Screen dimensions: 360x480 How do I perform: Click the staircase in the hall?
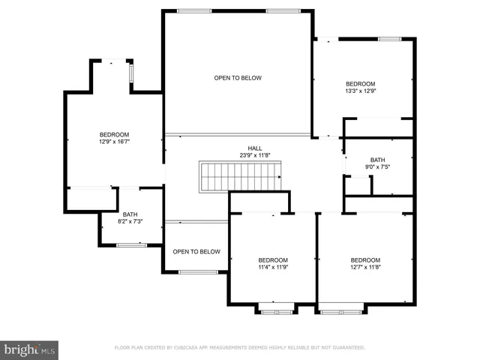click(239, 177)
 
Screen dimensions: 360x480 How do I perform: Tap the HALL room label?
click(255, 148)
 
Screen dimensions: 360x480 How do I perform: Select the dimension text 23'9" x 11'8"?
click(255, 155)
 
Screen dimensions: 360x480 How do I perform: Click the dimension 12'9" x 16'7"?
click(114, 141)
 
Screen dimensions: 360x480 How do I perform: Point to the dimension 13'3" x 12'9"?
click(360, 91)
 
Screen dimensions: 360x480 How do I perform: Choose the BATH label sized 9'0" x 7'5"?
click(377, 160)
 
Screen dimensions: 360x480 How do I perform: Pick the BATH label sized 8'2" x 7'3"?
click(130, 214)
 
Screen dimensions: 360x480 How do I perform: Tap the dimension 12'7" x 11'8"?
click(365, 267)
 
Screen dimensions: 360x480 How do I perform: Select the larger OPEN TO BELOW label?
click(237, 78)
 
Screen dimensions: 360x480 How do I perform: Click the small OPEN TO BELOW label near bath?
click(196, 251)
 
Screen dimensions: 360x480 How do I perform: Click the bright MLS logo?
click(30, 349)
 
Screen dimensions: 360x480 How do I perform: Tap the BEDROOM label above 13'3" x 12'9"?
click(360, 84)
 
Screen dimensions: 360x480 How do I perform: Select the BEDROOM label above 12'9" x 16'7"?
click(114, 134)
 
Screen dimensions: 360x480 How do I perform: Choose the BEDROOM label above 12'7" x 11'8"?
click(365, 260)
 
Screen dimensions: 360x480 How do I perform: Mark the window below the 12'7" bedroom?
click(342, 307)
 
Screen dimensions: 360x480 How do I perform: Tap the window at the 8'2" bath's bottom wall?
click(131, 244)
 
